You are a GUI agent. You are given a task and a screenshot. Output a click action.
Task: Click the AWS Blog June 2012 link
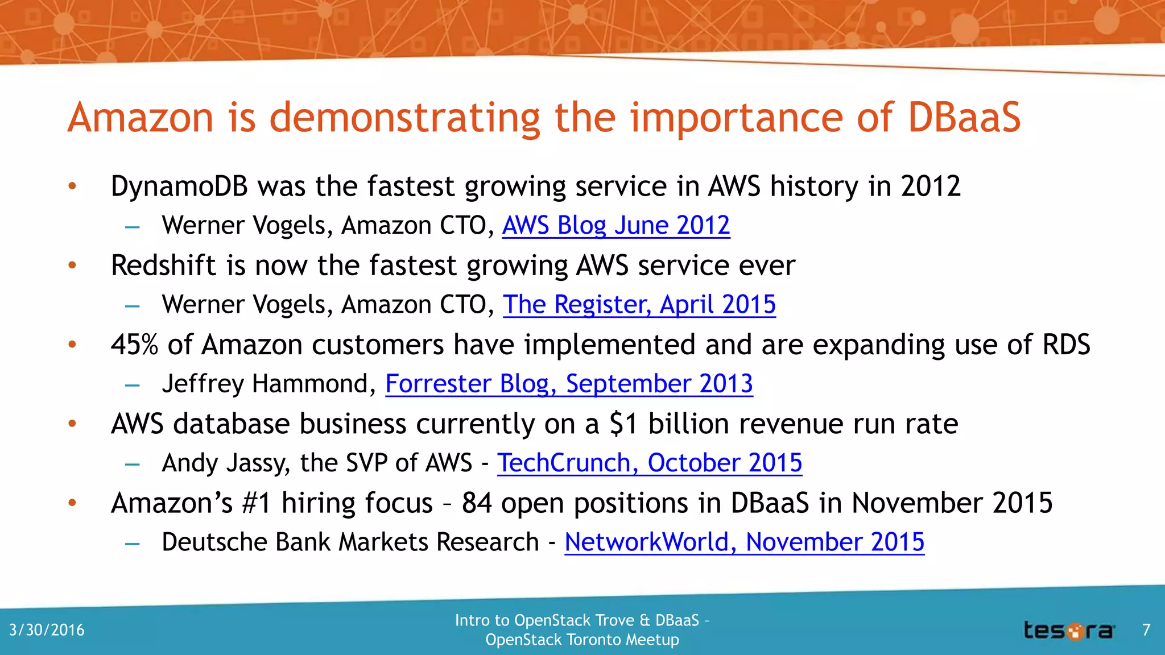(615, 226)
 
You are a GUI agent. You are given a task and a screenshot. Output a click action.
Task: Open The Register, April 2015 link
(639, 305)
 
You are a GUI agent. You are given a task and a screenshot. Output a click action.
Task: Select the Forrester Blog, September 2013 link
(569, 384)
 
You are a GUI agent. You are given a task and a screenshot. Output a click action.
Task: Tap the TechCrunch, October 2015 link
(650, 463)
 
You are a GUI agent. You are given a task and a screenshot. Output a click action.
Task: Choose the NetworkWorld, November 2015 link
(744, 542)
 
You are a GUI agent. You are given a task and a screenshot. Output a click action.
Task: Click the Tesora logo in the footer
(1069, 631)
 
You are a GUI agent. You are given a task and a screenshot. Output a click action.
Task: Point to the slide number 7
(1146, 630)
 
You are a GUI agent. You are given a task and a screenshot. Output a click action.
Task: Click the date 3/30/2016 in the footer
(47, 630)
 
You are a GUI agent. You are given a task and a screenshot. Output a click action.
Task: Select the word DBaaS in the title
(964, 118)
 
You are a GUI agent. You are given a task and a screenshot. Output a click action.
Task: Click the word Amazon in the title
(141, 118)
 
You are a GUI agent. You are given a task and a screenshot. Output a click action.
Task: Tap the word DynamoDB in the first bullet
(179, 186)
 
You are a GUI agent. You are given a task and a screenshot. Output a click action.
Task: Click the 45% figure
(134, 345)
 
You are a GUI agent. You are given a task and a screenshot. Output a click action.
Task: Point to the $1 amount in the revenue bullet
(623, 424)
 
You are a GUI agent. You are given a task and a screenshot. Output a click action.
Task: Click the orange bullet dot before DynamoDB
(72, 186)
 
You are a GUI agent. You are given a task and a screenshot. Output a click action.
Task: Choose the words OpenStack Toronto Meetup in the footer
(582, 640)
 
